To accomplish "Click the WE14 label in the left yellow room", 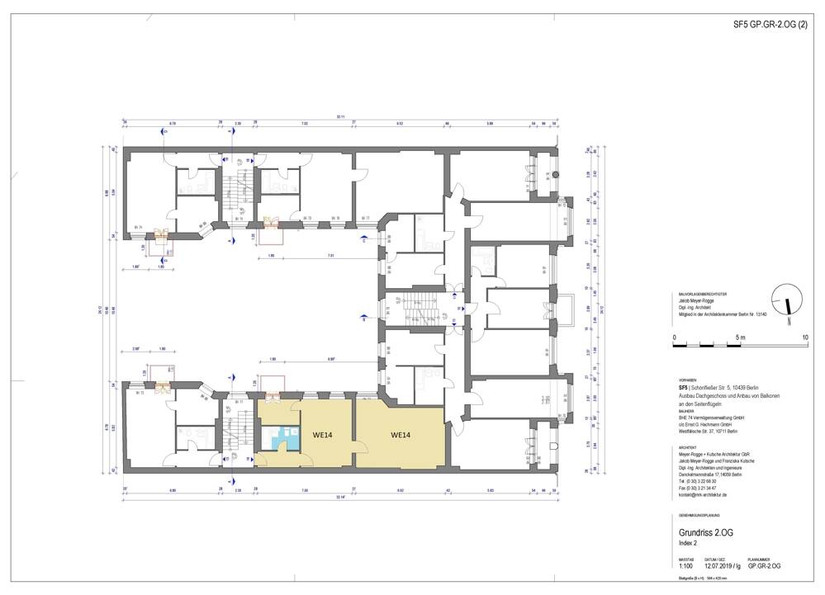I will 323,435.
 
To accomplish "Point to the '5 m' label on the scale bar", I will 741,338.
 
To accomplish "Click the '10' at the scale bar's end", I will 804,338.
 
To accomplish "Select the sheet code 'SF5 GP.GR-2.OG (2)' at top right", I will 772,26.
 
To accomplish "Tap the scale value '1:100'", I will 686,566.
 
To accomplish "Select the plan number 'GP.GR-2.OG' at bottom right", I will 764,566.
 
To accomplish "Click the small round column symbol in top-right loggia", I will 555,174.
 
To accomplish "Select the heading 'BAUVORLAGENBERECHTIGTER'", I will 702,295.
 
